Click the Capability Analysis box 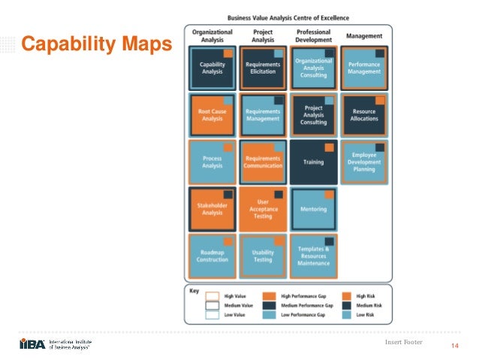pyautogui.click(x=212, y=68)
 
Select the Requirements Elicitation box pyautogui.click(x=263, y=68)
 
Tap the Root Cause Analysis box pyautogui.click(x=212, y=114)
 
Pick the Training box pyautogui.click(x=313, y=162)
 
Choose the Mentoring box pyautogui.click(x=313, y=208)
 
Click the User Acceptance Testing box pyautogui.click(x=263, y=208)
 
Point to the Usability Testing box pyautogui.click(x=263, y=256)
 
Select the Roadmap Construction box pyautogui.click(x=212, y=256)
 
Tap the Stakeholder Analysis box pyautogui.click(x=212, y=208)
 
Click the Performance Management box pyautogui.click(x=364, y=68)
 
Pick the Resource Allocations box pyautogui.click(x=364, y=114)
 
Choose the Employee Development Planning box pyautogui.click(x=364, y=162)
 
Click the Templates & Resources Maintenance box pyautogui.click(x=313, y=256)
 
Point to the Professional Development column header pyautogui.click(x=313, y=36)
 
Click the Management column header pyautogui.click(x=364, y=36)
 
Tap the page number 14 pyautogui.click(x=453, y=346)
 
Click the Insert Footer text pyautogui.click(x=403, y=343)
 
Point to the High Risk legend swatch pyautogui.click(x=348, y=296)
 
